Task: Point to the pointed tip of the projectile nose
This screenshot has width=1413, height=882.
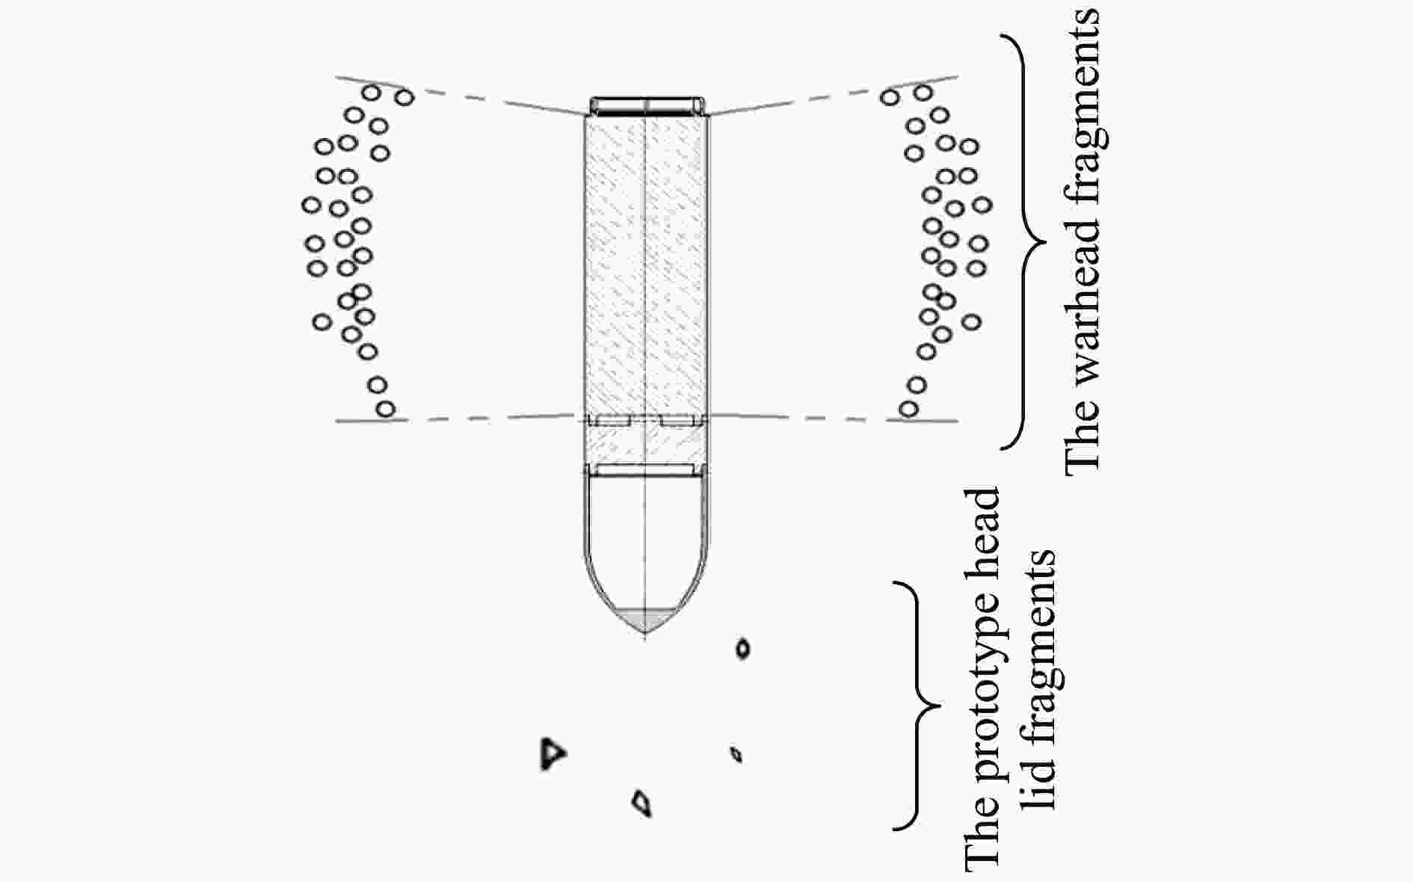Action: pos(645,632)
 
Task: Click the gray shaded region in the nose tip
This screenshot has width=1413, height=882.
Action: pos(645,619)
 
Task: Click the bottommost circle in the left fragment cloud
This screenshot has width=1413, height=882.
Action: pos(385,409)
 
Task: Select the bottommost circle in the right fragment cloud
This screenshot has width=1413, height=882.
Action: pos(908,409)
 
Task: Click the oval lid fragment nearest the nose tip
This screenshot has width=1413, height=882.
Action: pos(742,648)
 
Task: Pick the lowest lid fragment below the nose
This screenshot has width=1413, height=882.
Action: pos(641,803)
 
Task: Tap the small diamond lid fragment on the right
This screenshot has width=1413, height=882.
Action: pos(736,754)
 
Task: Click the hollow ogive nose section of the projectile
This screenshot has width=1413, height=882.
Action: pos(645,538)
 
